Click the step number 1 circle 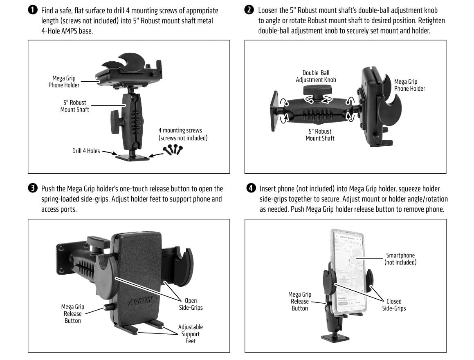click(32, 10)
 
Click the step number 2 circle click(249, 10)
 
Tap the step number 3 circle click(32, 189)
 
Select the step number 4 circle click(251, 188)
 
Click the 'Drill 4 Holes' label click(86, 151)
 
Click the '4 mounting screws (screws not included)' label click(183, 134)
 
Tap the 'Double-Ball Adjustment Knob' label click(316, 76)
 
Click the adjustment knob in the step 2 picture click(316, 90)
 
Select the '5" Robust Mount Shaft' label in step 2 click(320, 135)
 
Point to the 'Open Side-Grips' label click(191, 304)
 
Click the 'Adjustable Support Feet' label click(190, 334)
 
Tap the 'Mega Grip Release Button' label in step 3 click(72, 313)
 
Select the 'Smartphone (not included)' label click(400, 259)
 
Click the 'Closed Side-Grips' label click(394, 304)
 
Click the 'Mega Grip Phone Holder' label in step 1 click(64, 81)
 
